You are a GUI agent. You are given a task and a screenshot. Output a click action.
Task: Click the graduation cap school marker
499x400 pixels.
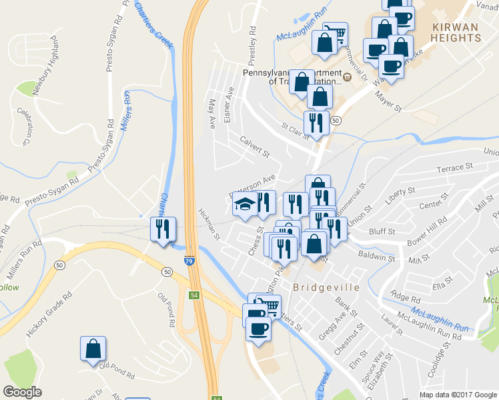coord(245,205)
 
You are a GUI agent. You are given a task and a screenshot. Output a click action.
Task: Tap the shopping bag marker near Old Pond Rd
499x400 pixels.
coord(93,349)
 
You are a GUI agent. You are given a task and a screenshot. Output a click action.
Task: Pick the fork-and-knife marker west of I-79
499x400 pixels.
coord(163,230)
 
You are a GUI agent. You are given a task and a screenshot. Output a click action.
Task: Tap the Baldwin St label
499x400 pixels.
coord(376,256)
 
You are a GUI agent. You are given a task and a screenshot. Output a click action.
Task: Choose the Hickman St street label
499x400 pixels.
coord(209,224)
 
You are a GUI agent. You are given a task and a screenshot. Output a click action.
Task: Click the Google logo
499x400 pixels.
coord(23,392)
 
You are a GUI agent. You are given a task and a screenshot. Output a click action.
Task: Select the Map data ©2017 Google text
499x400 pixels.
coord(457,395)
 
